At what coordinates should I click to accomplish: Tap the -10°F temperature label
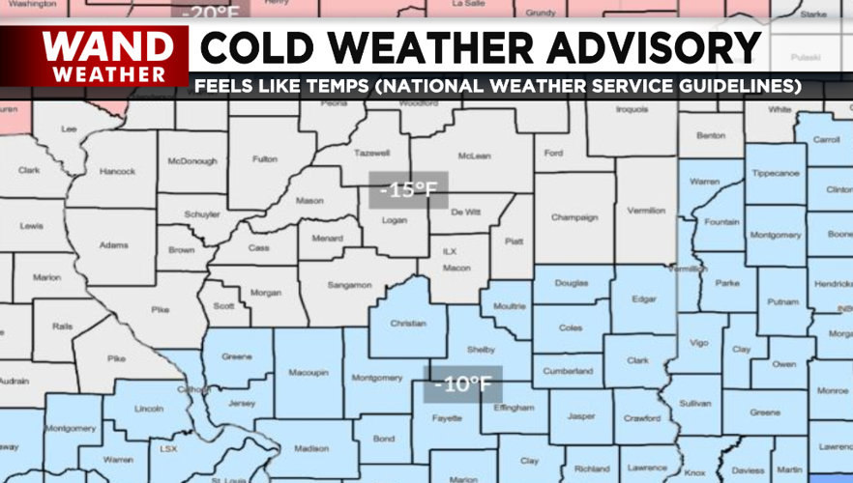coord(462,384)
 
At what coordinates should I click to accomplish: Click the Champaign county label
coord(574,217)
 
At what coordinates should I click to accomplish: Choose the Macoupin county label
coord(309,372)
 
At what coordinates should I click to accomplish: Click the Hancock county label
coord(118,172)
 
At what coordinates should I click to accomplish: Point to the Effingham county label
coord(514,408)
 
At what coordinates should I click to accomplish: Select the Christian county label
coord(408,324)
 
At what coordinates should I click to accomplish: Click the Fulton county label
coord(265,159)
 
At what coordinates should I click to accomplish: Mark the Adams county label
coord(113,245)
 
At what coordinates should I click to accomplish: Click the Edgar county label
coord(645,298)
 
